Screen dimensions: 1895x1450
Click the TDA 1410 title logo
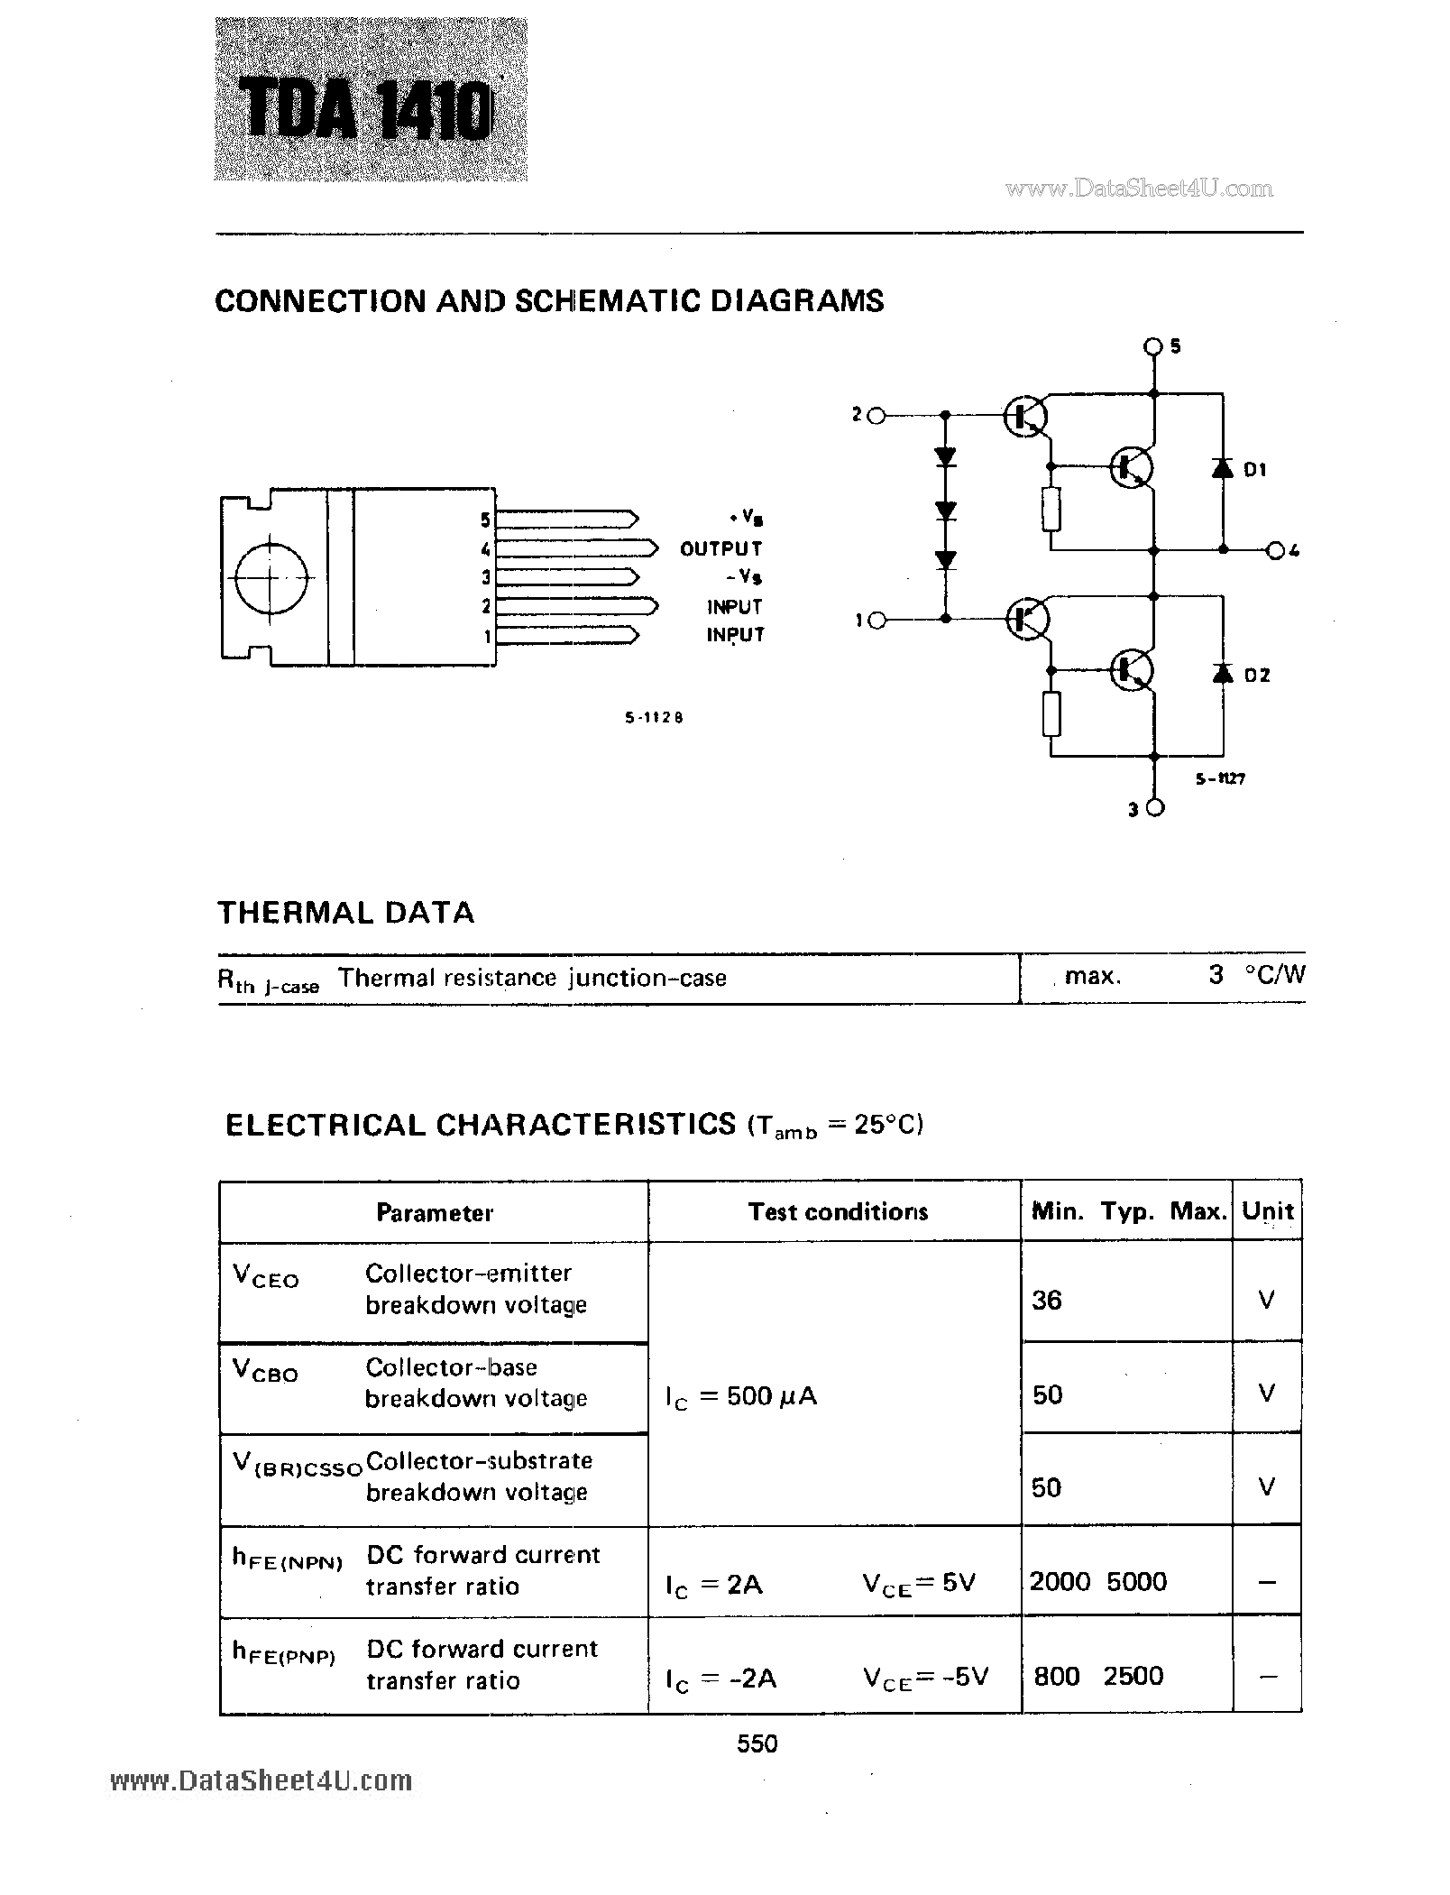[x=370, y=110]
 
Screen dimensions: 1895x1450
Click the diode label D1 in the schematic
[x=1255, y=469]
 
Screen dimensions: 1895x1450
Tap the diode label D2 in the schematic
[x=1256, y=675]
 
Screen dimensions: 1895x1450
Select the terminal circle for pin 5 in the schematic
[x=1153, y=345]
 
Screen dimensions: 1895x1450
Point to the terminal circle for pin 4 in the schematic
[x=1275, y=550]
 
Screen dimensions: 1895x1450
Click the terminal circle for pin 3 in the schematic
[x=1154, y=808]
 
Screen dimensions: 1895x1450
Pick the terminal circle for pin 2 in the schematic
[x=876, y=415]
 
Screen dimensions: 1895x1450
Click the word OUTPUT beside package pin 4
[x=720, y=548]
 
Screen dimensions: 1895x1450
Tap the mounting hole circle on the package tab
[x=271, y=578]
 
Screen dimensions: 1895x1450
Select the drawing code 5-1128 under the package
[x=654, y=718]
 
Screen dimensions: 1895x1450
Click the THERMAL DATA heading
[x=345, y=912]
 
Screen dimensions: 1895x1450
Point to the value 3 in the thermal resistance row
[x=1216, y=975]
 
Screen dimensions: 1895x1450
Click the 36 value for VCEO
[x=1047, y=1300]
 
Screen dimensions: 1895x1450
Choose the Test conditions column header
[x=837, y=1211]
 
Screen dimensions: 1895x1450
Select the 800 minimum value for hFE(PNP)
[x=1056, y=1676]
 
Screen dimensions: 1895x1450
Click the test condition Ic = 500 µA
[x=740, y=1396]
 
